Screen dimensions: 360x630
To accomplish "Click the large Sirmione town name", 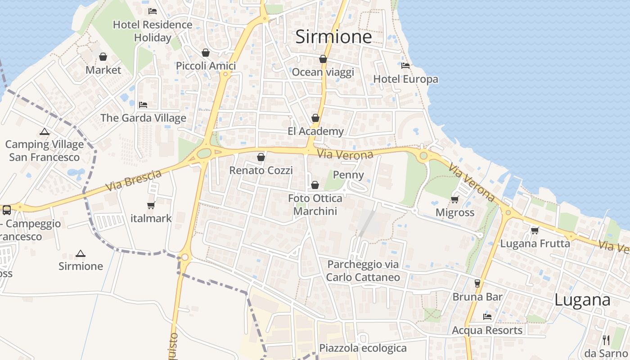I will tap(333, 37).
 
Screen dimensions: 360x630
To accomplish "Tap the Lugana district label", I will tap(582, 300).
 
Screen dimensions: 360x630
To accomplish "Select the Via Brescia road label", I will tap(134, 180).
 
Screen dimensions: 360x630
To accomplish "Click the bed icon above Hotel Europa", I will tap(405, 66).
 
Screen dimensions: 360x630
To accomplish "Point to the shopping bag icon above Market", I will tap(103, 57).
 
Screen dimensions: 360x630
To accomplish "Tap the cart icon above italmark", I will tap(151, 205).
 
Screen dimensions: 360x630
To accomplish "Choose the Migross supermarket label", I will tap(455, 212).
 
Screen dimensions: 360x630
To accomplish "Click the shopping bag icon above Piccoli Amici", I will tap(206, 53).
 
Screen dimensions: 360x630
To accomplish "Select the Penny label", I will tap(348, 175).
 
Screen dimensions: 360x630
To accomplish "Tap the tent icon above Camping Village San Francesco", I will tap(44, 131).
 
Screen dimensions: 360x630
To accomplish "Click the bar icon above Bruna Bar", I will tap(477, 283).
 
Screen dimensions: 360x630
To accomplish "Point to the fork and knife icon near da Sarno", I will tap(606, 340).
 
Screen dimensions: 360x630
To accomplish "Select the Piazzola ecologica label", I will tap(363, 348).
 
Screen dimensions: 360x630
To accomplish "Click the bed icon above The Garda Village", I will tap(143, 104).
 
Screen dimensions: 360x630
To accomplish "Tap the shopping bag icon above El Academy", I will tap(315, 118).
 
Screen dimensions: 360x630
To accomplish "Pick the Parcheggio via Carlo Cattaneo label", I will tap(363, 270).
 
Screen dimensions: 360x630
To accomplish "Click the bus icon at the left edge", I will tap(7, 210).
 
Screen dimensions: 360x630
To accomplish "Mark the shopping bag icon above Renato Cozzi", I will tap(261, 157).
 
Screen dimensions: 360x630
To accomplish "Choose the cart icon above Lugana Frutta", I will tap(535, 230).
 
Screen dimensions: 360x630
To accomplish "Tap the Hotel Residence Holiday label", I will tap(153, 31).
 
